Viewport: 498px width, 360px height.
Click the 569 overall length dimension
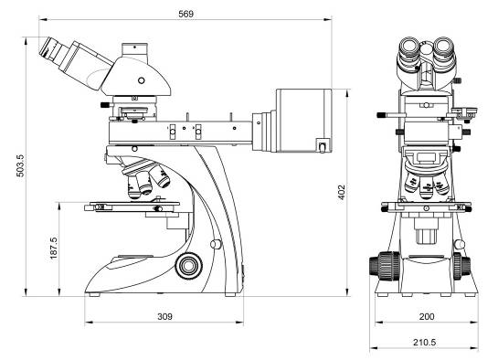click(x=185, y=14)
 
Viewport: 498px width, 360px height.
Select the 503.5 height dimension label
click(x=20, y=165)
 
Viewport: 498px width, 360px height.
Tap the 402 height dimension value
click(x=341, y=192)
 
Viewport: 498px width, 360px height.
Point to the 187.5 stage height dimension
click(x=54, y=248)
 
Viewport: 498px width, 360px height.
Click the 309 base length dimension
click(x=164, y=316)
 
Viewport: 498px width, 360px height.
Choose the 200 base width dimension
click(x=427, y=316)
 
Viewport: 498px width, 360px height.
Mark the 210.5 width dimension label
click(x=425, y=343)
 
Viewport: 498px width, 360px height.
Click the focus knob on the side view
click(x=188, y=265)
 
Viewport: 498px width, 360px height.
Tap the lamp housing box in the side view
click(x=304, y=121)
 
